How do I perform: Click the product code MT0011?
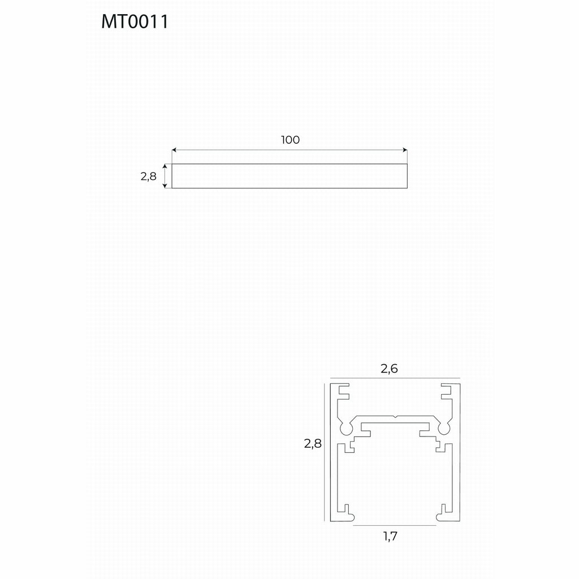(135, 22)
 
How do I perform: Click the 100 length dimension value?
(290, 140)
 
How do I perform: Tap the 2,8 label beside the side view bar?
(149, 176)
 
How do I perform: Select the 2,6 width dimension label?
(389, 369)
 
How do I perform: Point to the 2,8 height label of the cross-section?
(313, 443)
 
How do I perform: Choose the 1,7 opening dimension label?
(390, 536)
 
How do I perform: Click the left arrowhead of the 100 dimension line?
(174, 150)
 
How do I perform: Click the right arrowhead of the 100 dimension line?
(405, 150)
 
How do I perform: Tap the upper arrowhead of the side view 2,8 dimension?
(166, 167)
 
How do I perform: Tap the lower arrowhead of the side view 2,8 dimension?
(166, 185)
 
